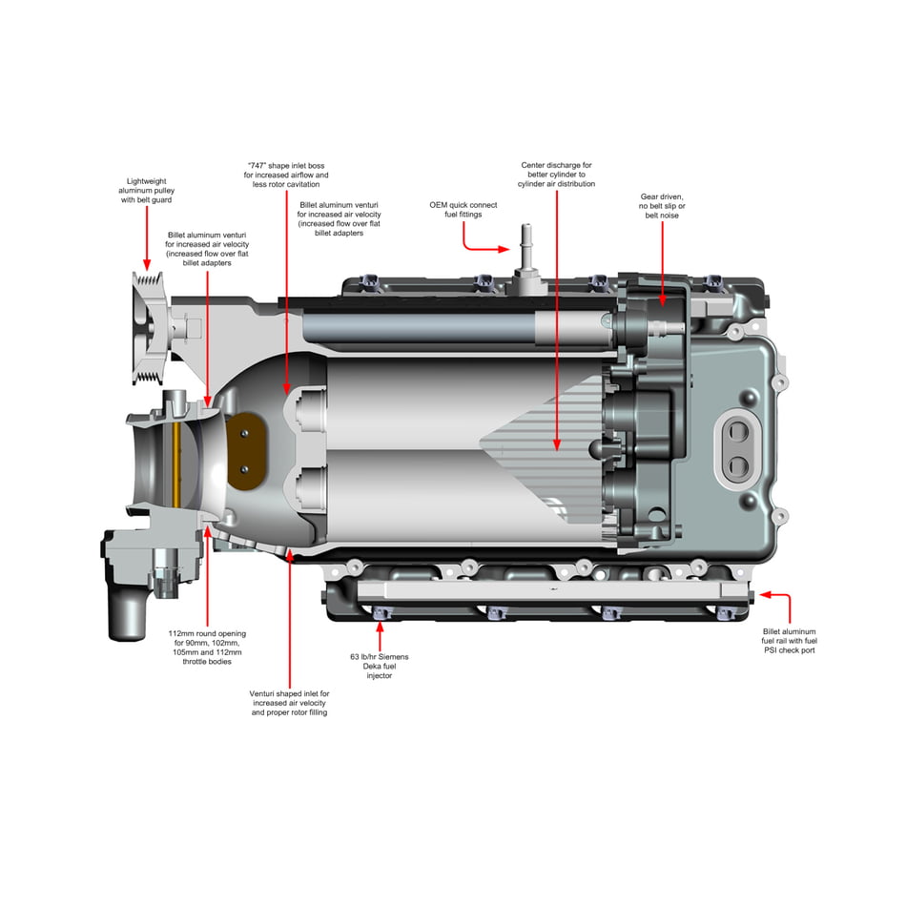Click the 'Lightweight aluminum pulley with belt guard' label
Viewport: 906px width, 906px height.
click(x=146, y=190)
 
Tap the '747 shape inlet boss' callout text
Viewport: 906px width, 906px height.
click(x=286, y=175)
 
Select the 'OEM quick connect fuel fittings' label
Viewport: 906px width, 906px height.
click(x=463, y=209)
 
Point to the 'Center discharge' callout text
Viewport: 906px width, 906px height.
click(x=556, y=174)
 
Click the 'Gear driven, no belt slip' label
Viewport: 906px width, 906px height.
click(x=662, y=206)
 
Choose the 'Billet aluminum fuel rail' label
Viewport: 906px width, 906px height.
click(x=790, y=641)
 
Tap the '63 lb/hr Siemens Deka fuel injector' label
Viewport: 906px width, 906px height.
click(x=379, y=667)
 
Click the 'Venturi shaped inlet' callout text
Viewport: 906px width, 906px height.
click(x=290, y=703)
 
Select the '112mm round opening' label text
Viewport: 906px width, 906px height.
click(x=207, y=648)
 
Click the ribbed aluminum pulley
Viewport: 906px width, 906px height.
click(x=149, y=328)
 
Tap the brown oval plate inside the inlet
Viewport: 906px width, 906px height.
click(x=246, y=451)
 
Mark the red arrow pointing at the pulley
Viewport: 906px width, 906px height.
click(x=147, y=238)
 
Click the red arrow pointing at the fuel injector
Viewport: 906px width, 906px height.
click(x=380, y=637)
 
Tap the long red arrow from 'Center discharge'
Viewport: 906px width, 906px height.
click(x=556, y=320)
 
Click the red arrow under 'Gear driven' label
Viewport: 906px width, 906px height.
click(x=662, y=264)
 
